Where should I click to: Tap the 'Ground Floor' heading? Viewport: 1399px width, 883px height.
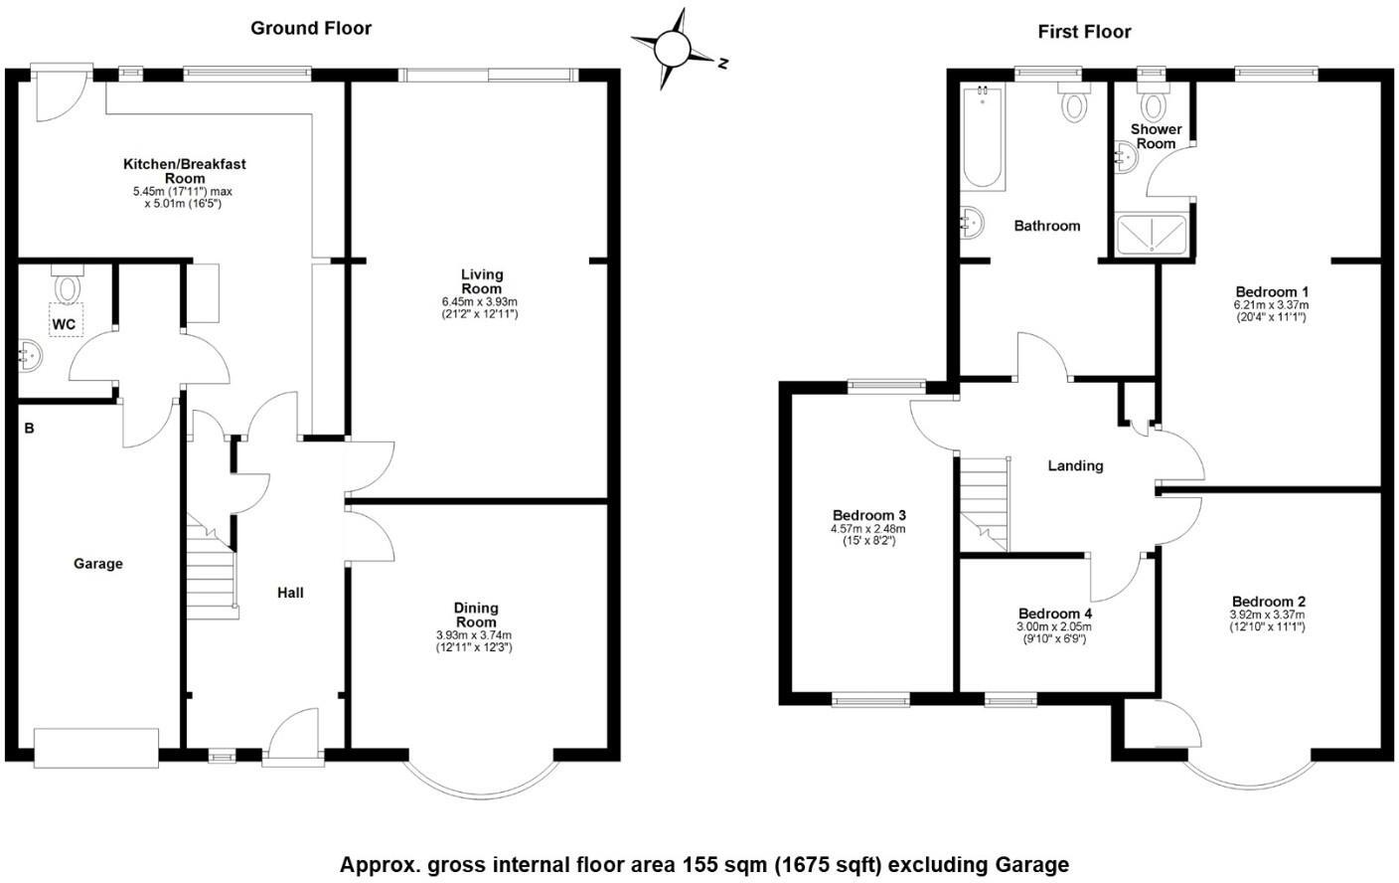tap(311, 28)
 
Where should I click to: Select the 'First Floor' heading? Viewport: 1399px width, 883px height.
tap(1084, 32)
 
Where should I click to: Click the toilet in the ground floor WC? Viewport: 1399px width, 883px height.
tap(67, 287)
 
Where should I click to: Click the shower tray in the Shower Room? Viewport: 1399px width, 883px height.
tap(1152, 235)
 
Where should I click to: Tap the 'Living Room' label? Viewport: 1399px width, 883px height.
tap(481, 281)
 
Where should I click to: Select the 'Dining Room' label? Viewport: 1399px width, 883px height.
tap(475, 615)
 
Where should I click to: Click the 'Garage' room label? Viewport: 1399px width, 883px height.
tap(98, 564)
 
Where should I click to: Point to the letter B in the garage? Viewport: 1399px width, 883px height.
tap(30, 429)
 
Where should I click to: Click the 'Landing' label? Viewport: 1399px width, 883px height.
tap(1075, 465)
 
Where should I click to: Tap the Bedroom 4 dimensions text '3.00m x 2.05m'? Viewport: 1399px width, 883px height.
tap(1053, 626)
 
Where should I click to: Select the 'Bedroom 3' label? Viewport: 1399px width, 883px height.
tap(868, 515)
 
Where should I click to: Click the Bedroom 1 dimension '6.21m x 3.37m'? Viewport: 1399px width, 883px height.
tap(1271, 305)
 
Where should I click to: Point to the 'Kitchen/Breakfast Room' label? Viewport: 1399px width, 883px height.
tap(184, 170)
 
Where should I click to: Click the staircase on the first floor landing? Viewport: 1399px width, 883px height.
tap(984, 502)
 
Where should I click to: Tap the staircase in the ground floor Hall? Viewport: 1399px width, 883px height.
tap(212, 567)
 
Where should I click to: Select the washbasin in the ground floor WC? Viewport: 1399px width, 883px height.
tap(29, 355)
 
